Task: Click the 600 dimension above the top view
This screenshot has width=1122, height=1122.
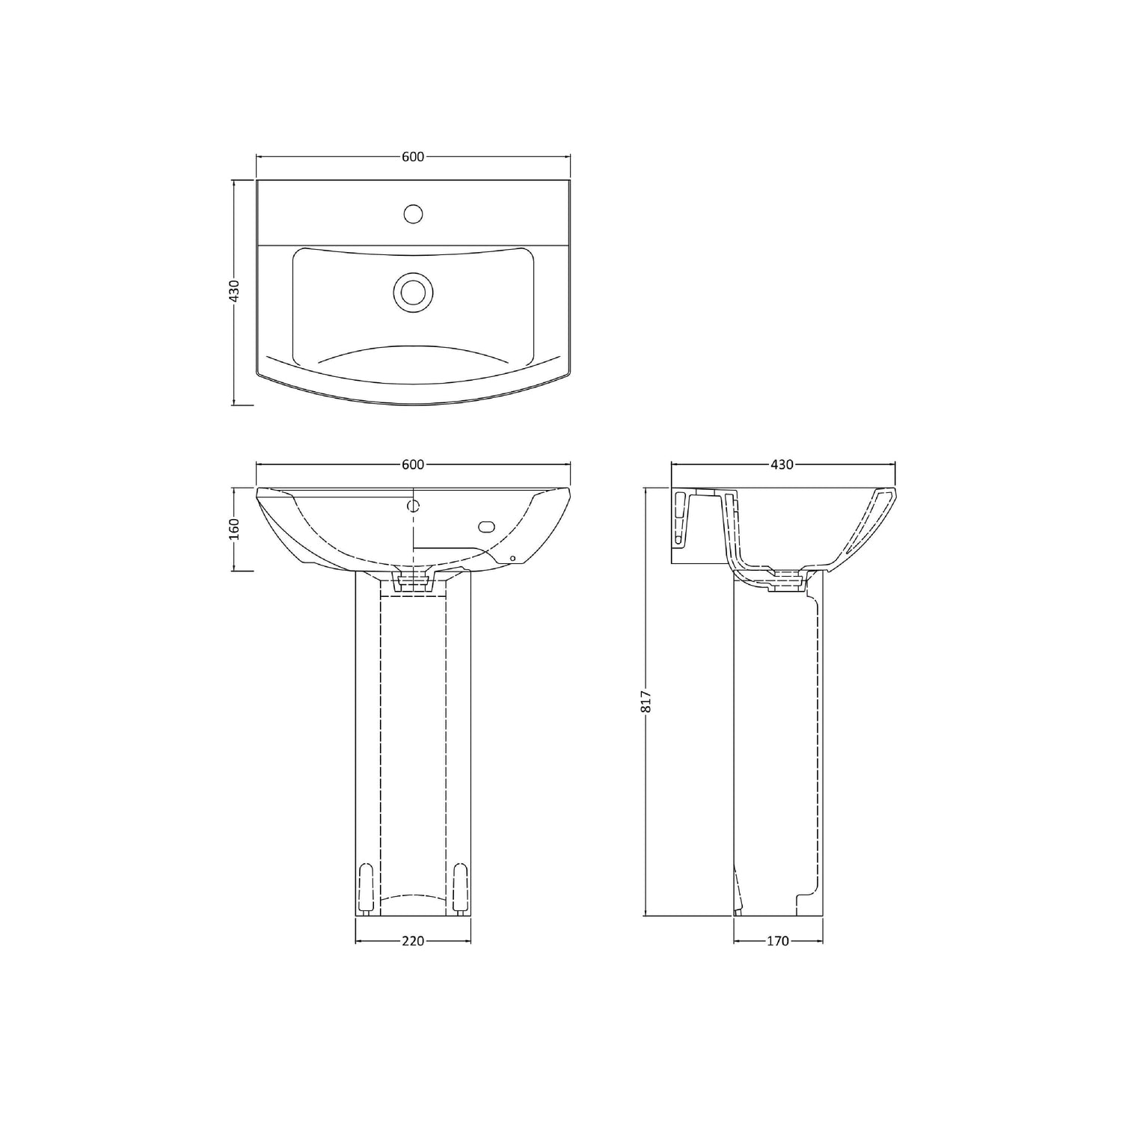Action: click(x=413, y=156)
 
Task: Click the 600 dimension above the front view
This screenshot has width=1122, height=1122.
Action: click(x=413, y=465)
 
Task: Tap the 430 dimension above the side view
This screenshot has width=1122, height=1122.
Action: click(x=782, y=465)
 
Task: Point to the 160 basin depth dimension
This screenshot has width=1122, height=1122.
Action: click(x=233, y=529)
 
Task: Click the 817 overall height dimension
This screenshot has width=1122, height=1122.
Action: click(x=647, y=701)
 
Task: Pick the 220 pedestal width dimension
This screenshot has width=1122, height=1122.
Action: click(x=413, y=941)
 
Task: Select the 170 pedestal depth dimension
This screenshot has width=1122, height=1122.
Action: click(x=778, y=941)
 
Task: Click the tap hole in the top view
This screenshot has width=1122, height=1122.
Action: click(x=413, y=214)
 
